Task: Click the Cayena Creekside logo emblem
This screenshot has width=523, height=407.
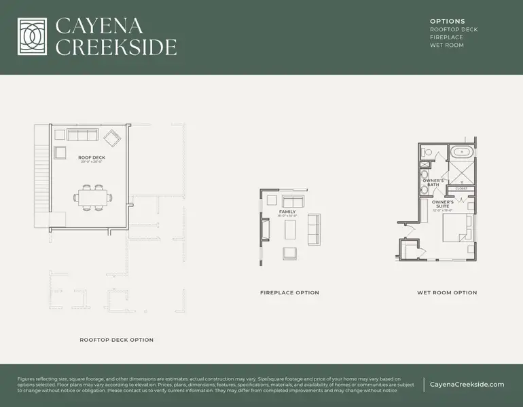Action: [x=32, y=37]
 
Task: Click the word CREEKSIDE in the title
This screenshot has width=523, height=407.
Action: [x=116, y=47]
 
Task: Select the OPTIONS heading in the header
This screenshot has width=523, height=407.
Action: [x=448, y=22]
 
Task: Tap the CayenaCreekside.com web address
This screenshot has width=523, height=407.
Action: [x=467, y=385]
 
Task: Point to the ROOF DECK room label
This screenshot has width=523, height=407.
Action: [x=92, y=157]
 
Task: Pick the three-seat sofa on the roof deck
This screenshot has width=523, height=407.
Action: [x=82, y=134]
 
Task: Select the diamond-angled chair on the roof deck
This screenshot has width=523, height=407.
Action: [x=111, y=139]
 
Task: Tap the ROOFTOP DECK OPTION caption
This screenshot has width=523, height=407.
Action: [x=116, y=340]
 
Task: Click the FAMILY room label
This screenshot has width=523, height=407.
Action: [x=287, y=212]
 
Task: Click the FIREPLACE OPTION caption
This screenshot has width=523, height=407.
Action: [x=289, y=293]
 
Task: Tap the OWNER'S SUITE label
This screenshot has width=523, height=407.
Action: [x=443, y=204]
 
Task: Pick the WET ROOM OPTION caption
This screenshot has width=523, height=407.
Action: [x=447, y=293]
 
